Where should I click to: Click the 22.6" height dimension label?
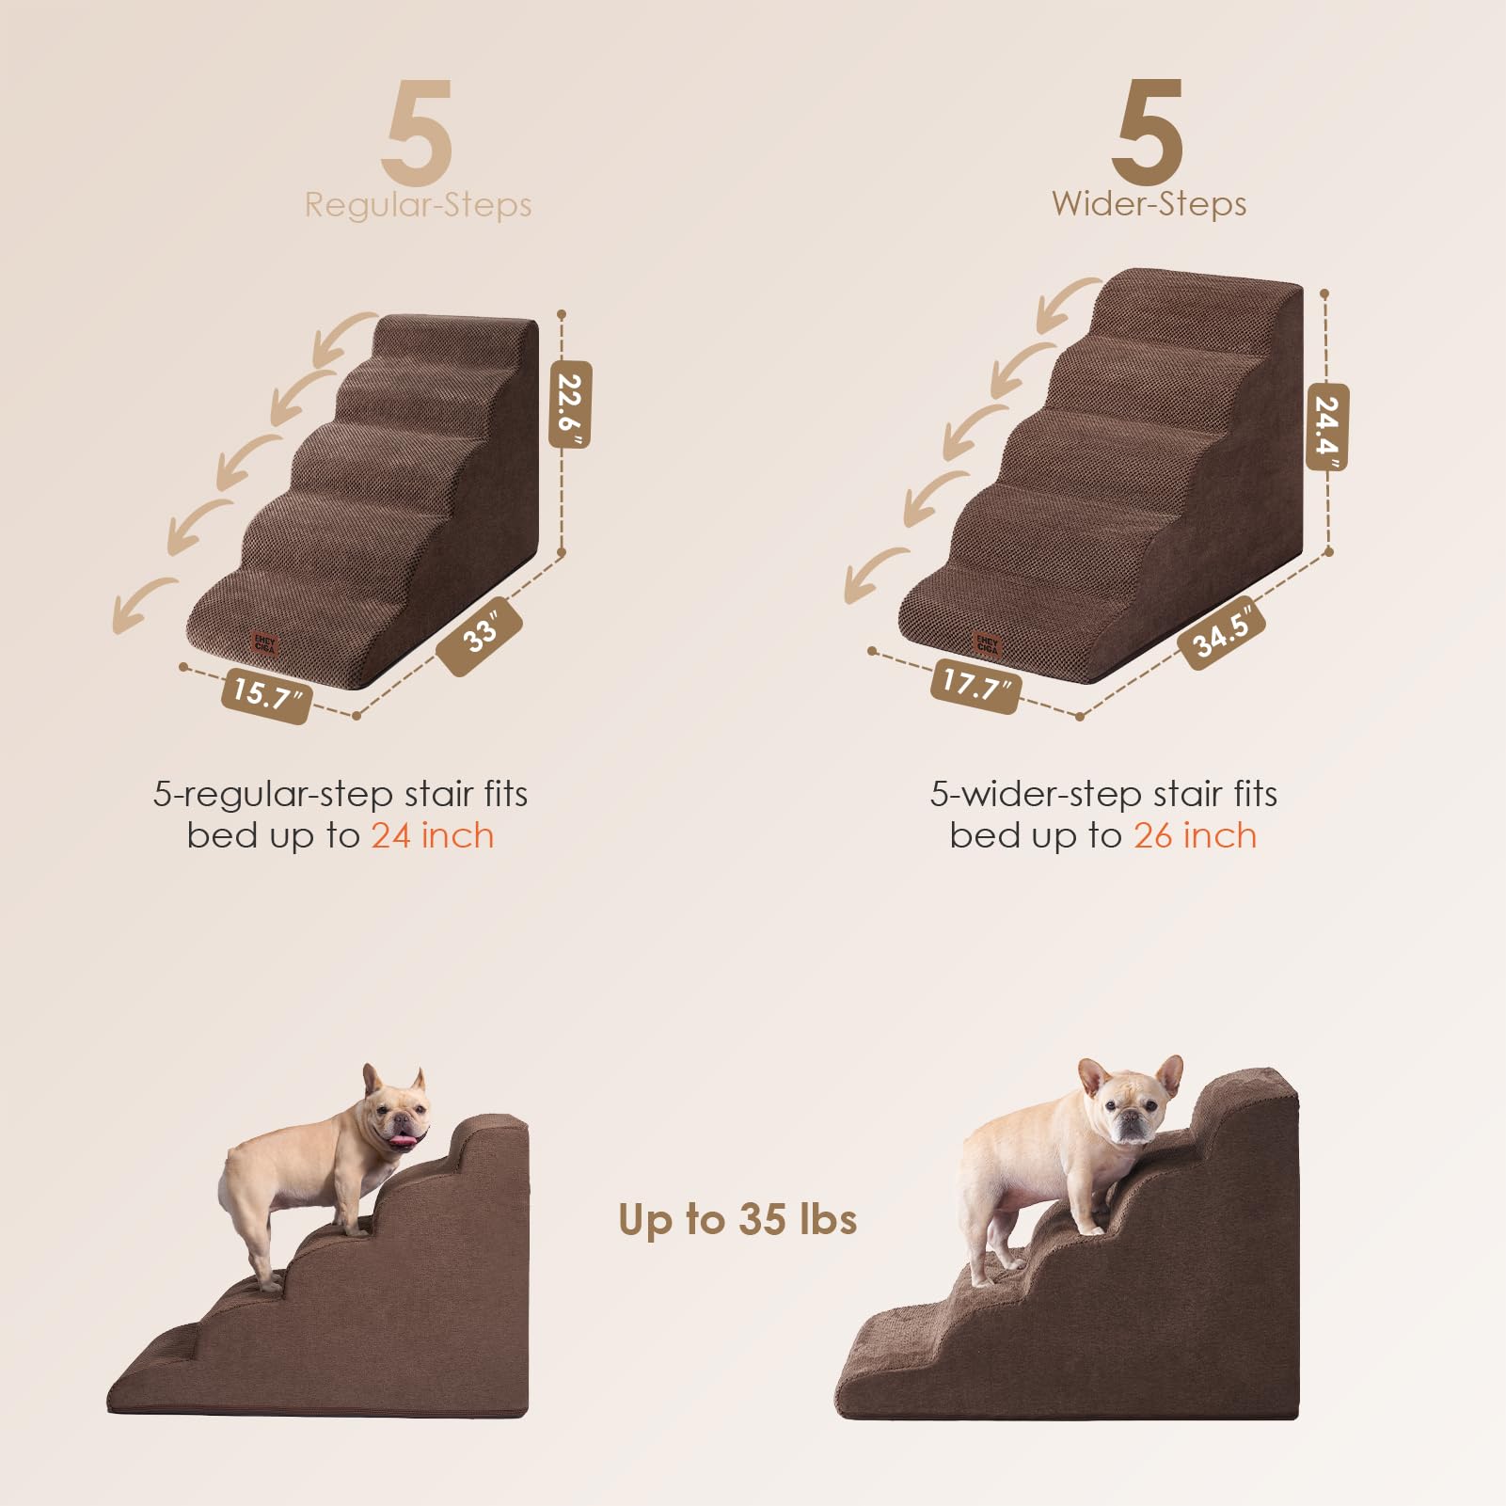pyautogui.click(x=570, y=404)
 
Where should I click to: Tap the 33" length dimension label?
pyautogui.click(x=480, y=635)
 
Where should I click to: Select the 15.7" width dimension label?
pyautogui.click(x=266, y=694)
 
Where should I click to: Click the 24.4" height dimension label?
pyautogui.click(x=1326, y=426)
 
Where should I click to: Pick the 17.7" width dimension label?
pyautogui.click(x=975, y=684)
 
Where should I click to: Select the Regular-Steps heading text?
pyautogui.click(x=418, y=205)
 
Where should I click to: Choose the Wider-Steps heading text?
pyautogui.click(x=1149, y=204)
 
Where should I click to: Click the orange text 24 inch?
pyautogui.click(x=432, y=835)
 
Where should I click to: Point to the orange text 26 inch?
pyautogui.click(x=1195, y=835)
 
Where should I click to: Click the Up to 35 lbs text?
pyautogui.click(x=737, y=1219)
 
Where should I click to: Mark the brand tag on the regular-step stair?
pyautogui.click(x=264, y=644)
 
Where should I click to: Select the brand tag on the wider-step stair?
pyautogui.click(x=987, y=644)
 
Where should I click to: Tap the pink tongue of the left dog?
pyautogui.click(x=402, y=1142)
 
